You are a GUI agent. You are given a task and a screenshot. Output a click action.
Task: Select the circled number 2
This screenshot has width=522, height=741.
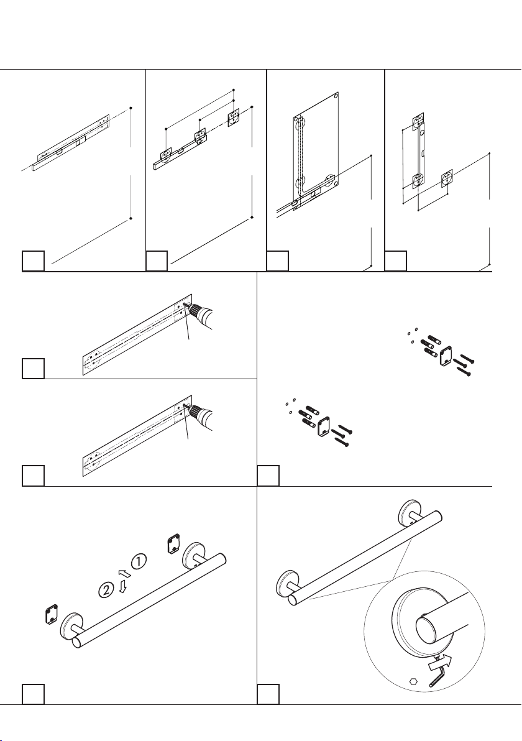coord(107,588)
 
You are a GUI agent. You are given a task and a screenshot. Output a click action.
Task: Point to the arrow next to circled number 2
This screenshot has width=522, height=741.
coord(122,587)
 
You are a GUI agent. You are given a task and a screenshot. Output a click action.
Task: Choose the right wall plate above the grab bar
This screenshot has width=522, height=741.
coord(174,544)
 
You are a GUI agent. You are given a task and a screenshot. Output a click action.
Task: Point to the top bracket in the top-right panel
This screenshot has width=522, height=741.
coord(419,120)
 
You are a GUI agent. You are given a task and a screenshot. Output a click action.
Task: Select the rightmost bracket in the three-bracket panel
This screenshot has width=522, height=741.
coord(234,117)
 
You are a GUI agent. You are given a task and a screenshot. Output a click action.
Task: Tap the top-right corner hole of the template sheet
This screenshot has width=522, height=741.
coord(336,97)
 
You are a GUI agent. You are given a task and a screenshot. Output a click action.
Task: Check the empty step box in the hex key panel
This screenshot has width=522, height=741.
coord(268,694)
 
